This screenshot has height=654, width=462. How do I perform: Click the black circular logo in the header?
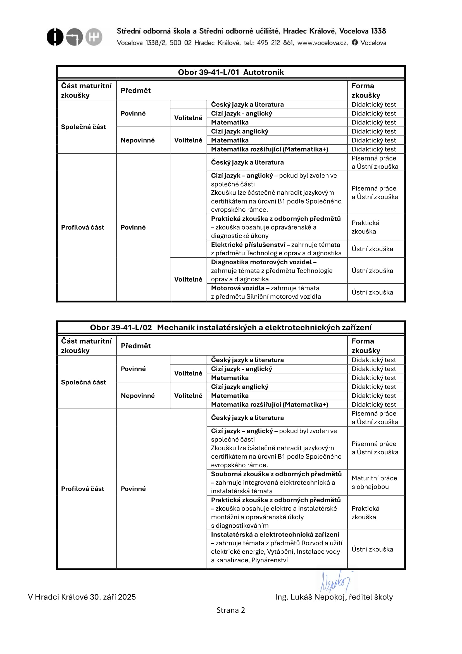coord(55,37)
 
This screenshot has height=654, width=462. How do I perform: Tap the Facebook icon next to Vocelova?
coord(354,43)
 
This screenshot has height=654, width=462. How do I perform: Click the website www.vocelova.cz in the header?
coord(322,43)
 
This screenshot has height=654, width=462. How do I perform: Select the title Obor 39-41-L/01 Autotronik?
coord(231,72)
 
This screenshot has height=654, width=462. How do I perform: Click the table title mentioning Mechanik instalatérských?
coord(231,328)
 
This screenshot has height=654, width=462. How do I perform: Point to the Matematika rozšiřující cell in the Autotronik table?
coord(269,149)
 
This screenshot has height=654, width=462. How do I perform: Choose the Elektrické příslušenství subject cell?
coord(276,249)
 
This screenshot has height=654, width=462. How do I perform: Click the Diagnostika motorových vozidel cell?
coord(272,271)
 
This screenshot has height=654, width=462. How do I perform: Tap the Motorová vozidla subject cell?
coord(266,292)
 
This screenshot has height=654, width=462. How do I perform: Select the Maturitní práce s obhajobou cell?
coord(374,482)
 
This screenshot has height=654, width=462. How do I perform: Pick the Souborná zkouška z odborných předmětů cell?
coord(276,482)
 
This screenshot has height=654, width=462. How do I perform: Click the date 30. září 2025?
coord(113,597)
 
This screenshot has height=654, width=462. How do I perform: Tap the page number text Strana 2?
coord(231,610)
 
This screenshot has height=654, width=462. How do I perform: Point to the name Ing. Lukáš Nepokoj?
coord(310,597)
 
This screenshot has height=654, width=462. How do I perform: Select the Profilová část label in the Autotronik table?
coord(82,227)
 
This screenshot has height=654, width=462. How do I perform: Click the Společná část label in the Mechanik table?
coord(83,382)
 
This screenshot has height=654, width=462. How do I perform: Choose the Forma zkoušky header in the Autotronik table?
coord(366,91)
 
